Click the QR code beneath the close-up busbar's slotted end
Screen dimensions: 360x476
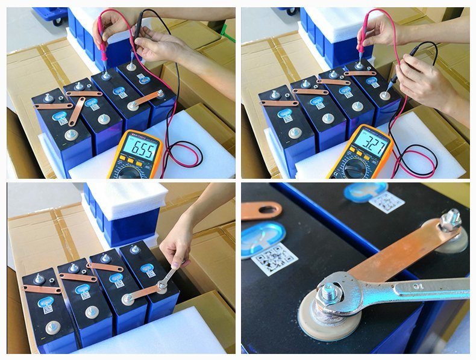pos(274,259)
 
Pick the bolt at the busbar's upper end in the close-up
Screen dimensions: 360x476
pos(450,221)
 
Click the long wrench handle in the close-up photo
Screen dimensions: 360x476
pos(422,288)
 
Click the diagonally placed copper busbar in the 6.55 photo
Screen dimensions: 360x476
pos(77,111)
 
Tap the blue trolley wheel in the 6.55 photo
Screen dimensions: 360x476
pos(57,20)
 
